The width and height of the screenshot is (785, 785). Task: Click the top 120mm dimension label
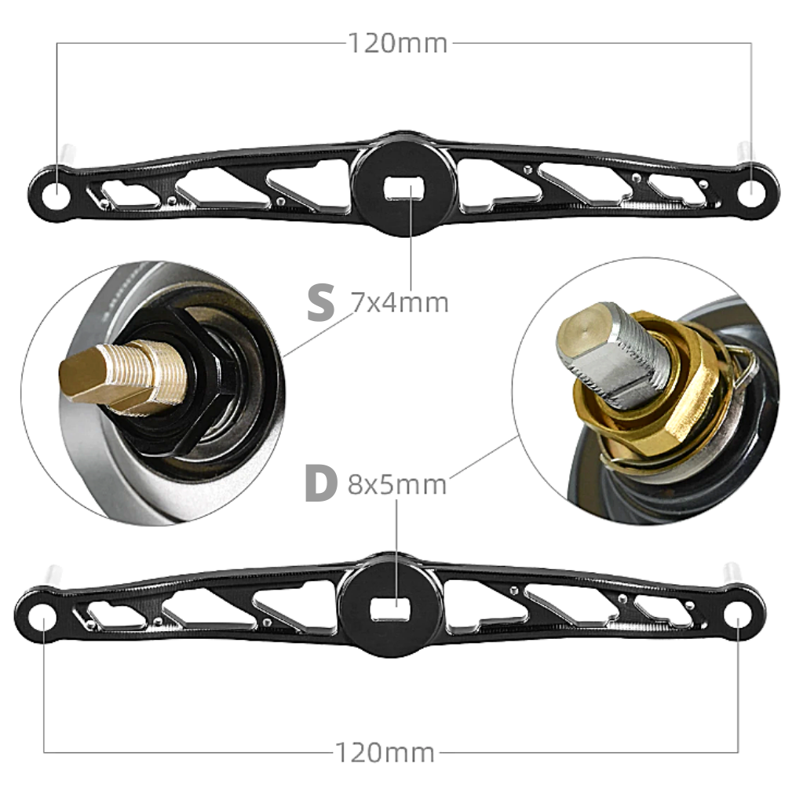point(397,43)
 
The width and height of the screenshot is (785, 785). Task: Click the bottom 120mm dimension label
point(384,752)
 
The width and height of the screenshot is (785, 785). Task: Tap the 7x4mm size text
point(399,303)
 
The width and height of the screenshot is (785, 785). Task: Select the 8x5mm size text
point(397,484)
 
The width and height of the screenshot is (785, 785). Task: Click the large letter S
point(320,302)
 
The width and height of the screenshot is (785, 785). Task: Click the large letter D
point(320,484)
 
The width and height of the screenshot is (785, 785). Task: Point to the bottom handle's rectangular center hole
point(390,610)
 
